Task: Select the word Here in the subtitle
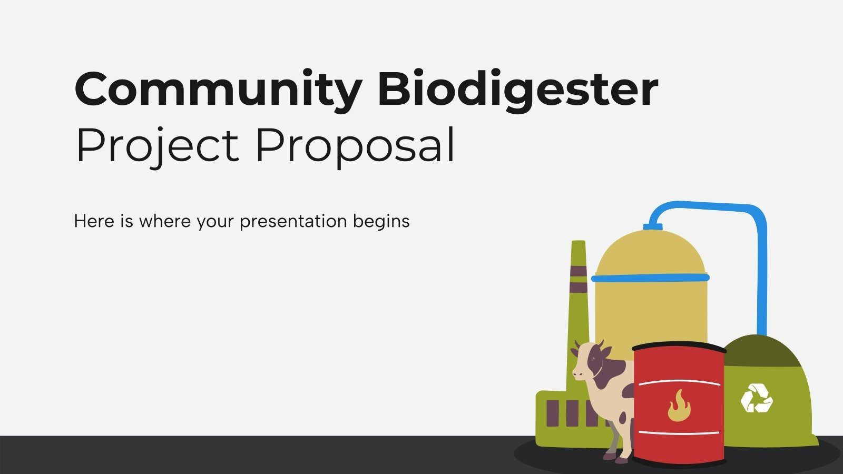pos(94,221)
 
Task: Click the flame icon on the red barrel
pos(679,406)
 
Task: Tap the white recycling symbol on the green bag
pos(756,398)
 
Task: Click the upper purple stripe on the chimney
pos(578,271)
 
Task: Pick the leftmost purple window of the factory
pos(553,413)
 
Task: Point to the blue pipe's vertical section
pos(761,274)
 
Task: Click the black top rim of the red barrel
pos(679,347)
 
